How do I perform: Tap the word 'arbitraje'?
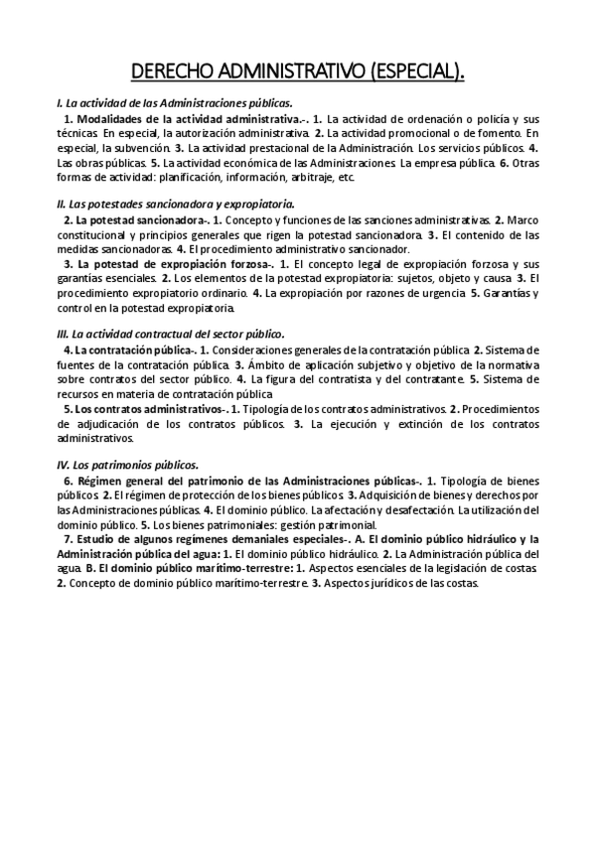307,178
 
